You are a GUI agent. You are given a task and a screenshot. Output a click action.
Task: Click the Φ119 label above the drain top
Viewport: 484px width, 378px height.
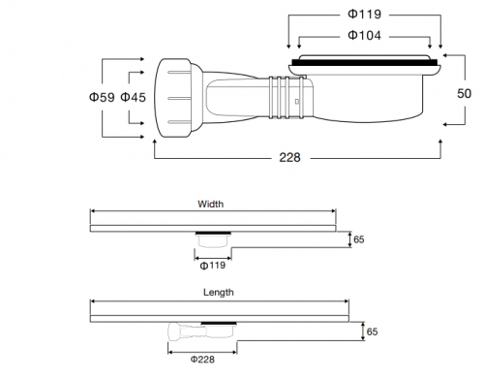pyautogui.click(x=364, y=15)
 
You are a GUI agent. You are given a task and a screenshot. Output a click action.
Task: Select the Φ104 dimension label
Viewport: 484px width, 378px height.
pyautogui.click(x=364, y=35)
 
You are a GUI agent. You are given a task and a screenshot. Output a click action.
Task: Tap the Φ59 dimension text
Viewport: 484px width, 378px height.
pyautogui.click(x=102, y=97)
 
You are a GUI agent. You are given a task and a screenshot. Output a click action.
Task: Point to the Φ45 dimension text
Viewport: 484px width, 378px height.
pyautogui.click(x=133, y=97)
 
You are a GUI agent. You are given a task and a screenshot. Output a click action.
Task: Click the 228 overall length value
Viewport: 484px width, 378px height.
pyautogui.click(x=289, y=158)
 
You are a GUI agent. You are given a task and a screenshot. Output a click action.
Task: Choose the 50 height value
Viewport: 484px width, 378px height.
pyautogui.click(x=464, y=94)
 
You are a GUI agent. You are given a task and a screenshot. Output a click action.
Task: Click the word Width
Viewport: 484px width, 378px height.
pyautogui.click(x=210, y=205)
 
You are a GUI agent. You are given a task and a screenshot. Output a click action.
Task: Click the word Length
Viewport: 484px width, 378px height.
pyautogui.click(x=219, y=293)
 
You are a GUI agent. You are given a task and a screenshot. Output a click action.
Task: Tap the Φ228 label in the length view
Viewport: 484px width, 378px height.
pyautogui.click(x=202, y=360)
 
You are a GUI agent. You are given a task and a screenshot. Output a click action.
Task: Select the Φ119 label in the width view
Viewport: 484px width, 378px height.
pyautogui.click(x=213, y=266)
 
